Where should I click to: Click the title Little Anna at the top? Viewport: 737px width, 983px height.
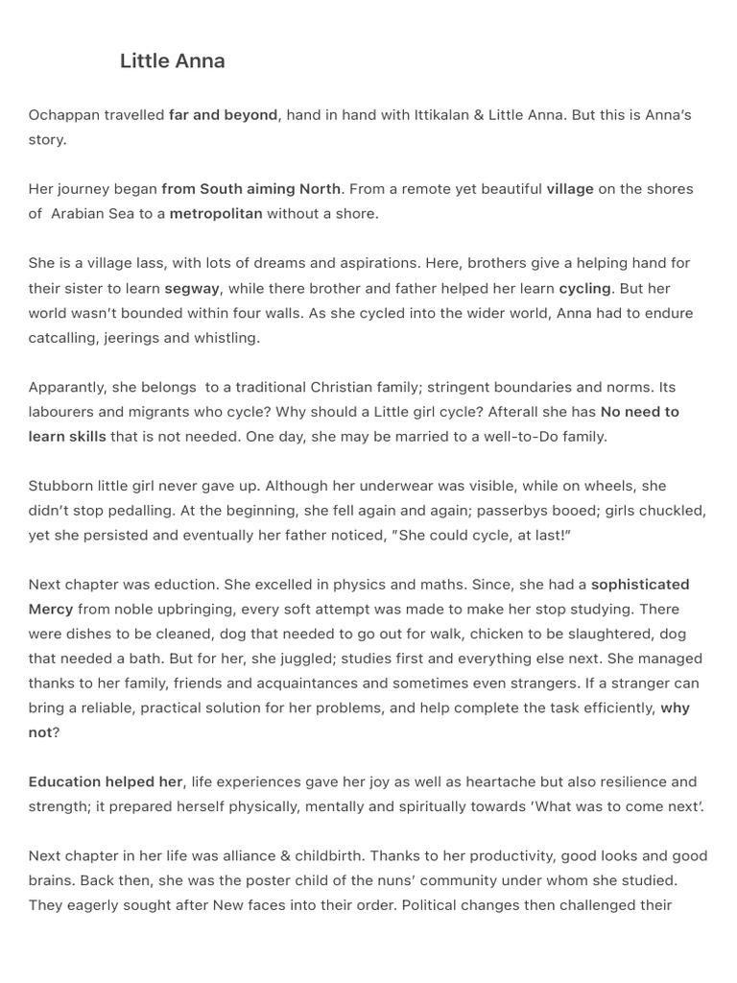pyautogui.click(x=173, y=61)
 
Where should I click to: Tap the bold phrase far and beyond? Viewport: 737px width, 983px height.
pyautogui.click(x=223, y=115)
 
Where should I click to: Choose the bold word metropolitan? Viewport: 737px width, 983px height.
pyautogui.click(x=216, y=213)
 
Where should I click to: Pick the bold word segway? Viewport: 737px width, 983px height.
pyautogui.click(x=192, y=288)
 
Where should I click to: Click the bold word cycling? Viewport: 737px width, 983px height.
pyautogui.click(x=584, y=288)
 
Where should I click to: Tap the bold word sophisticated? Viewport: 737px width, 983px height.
pyautogui.click(x=640, y=585)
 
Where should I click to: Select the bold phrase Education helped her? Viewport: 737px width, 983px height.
pyautogui.click(x=106, y=782)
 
